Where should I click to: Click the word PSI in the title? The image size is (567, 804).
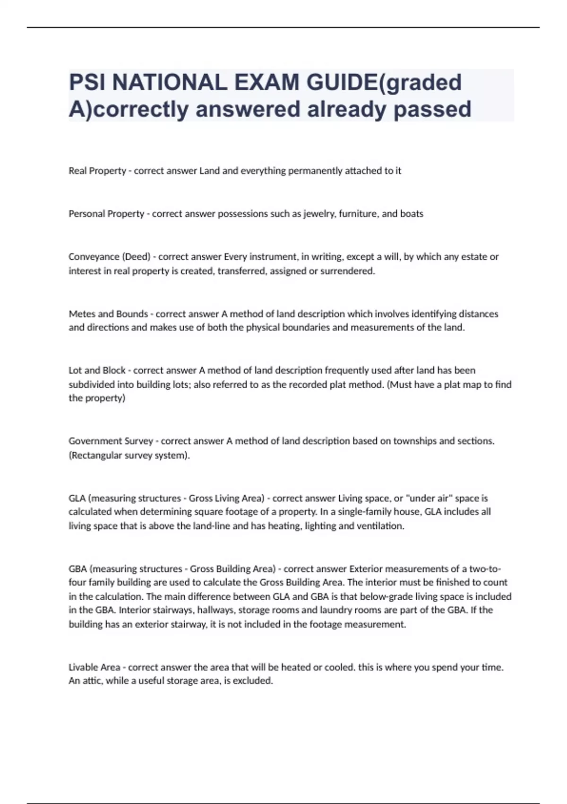(x=86, y=83)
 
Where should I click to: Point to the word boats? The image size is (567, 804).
(x=412, y=214)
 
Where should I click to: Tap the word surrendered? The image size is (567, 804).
(x=348, y=271)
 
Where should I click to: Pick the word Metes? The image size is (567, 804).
(x=82, y=314)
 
